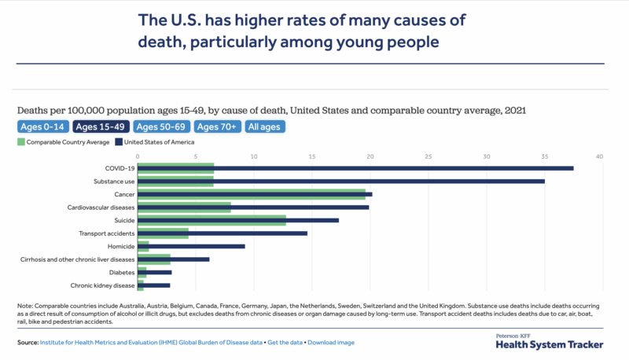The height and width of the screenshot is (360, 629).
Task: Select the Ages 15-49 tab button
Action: pos(101,126)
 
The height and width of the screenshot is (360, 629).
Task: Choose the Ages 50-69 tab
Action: pos(162,126)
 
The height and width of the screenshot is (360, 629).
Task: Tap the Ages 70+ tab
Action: pos(218,126)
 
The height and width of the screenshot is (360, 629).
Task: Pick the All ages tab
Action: pos(264,126)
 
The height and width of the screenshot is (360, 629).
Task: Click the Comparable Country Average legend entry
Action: pos(63,142)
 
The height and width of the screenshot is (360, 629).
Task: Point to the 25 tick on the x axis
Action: pos(428,157)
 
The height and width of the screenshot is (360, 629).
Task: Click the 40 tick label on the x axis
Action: pos(599,157)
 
